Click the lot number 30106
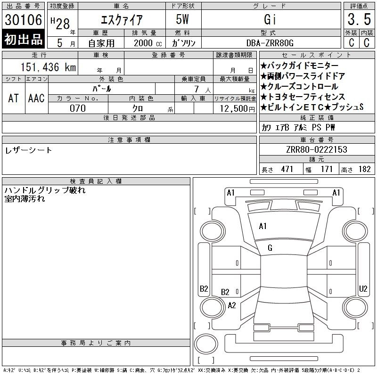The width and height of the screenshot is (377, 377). [x=23, y=20]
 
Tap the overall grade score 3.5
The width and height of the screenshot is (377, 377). [x=359, y=19]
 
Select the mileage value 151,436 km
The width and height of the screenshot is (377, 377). [x=48, y=67]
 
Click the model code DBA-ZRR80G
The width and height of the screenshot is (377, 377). [x=270, y=43]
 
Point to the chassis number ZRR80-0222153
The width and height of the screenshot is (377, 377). [x=317, y=149]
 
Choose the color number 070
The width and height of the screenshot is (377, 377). [x=78, y=108]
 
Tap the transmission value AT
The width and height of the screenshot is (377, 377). [x=13, y=98]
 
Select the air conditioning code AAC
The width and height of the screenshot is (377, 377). [x=36, y=98]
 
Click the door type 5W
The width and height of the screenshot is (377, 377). [x=182, y=19]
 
